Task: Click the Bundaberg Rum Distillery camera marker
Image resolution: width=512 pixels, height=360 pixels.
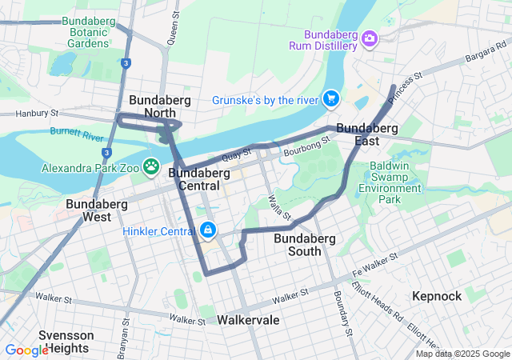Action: click(369, 38)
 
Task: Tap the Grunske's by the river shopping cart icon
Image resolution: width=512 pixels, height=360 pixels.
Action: click(330, 99)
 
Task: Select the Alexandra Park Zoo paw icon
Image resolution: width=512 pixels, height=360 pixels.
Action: click(150, 166)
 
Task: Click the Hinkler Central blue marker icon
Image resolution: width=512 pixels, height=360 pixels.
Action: click(208, 230)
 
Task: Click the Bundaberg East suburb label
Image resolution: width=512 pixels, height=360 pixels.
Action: click(367, 134)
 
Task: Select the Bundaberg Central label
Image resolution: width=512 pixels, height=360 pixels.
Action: click(194, 179)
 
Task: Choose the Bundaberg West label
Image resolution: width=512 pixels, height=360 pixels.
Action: click(88, 210)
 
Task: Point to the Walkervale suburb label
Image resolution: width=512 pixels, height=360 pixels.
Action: click(248, 320)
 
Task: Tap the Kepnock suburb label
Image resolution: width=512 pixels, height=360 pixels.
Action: click(437, 296)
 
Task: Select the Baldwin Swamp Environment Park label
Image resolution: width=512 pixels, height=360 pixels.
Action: click(390, 182)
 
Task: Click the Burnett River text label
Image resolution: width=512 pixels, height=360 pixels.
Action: click(77, 130)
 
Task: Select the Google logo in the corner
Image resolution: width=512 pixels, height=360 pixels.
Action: click(26, 350)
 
